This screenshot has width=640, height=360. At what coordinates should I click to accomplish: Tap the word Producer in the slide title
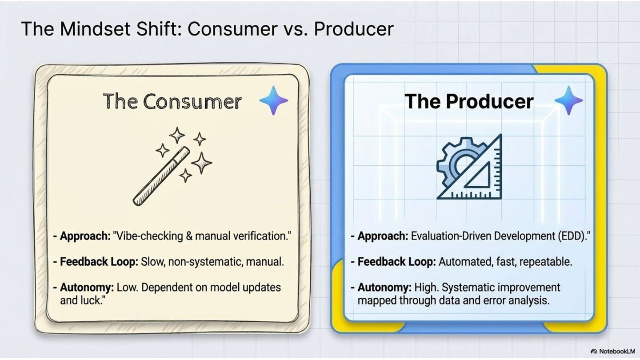tap(354, 29)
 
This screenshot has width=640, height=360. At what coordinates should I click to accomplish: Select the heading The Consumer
tap(172, 101)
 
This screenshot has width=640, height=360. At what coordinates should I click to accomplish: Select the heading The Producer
tap(469, 101)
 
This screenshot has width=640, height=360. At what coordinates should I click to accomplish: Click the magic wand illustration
tap(172, 166)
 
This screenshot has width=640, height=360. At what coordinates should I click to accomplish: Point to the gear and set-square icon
tap(469, 167)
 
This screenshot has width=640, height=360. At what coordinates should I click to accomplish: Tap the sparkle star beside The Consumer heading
tap(274, 100)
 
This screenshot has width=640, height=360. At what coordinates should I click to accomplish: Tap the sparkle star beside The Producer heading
tap(568, 100)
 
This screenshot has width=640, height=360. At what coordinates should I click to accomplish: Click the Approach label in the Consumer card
tap(85, 236)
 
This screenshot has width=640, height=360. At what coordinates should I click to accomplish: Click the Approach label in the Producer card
tap(383, 236)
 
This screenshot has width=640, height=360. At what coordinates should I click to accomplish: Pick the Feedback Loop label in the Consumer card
tap(99, 262)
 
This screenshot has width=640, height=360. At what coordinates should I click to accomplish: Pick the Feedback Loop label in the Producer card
tap(397, 262)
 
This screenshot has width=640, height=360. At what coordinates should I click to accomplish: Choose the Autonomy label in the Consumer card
tap(87, 288)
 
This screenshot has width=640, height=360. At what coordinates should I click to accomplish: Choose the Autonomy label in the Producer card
tap(384, 288)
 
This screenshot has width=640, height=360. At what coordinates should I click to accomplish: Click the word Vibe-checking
tap(148, 236)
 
